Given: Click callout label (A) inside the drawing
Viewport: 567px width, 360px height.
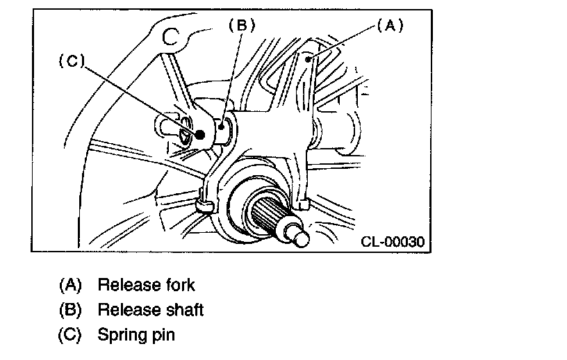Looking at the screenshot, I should (389, 26).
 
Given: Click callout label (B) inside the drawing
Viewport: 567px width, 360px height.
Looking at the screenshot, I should (242, 25).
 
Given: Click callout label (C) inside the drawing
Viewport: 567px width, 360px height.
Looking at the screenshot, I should (71, 61).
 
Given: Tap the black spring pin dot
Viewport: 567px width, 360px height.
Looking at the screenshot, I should (201, 134).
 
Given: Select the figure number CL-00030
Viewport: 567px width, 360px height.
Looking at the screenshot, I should (393, 242).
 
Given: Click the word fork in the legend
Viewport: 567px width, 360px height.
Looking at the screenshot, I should (177, 284).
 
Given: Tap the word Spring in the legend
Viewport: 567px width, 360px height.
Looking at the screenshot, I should (120, 334).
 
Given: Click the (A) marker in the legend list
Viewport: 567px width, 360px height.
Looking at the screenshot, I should (70, 284).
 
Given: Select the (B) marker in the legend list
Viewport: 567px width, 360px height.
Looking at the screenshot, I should (70, 309).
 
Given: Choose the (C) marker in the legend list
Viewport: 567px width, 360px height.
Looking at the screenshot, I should (70, 334).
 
